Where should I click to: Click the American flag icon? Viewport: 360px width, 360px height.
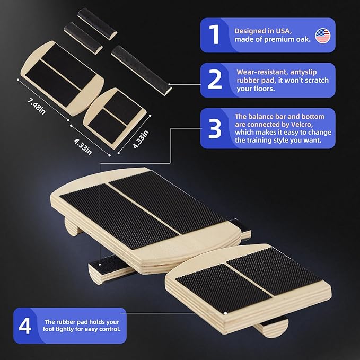click(322, 36)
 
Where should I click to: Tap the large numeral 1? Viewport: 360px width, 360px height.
click(214, 34)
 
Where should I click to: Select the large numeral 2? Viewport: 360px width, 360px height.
click(215, 79)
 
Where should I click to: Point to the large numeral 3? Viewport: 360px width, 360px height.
click(215, 128)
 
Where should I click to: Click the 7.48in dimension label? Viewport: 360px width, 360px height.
click(37, 106)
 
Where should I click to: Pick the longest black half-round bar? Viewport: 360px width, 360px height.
click(142, 71)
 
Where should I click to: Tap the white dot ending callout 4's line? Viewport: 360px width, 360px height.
click(225, 313)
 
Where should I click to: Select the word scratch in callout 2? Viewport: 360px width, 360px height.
click(315, 81)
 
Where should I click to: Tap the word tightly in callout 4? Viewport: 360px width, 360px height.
click(65, 329)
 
